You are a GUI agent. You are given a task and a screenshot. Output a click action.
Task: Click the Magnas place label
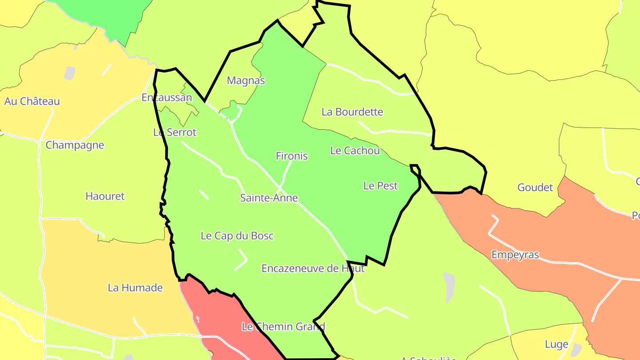[246, 80]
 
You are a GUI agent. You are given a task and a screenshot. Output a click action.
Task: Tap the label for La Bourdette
[352, 112]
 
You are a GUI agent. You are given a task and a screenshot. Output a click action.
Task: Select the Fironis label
[292, 156]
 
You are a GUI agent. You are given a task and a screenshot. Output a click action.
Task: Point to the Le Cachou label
[355, 151]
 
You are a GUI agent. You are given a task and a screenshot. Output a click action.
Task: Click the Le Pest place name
[380, 186]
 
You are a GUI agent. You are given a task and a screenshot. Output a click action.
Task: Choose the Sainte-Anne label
[269, 198]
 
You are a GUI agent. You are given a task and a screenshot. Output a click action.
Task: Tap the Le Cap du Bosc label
[237, 236]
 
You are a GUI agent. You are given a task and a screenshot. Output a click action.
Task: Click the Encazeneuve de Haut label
[313, 268]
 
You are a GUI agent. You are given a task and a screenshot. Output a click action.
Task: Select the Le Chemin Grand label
[283, 327]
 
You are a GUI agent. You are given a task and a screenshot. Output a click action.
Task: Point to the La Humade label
[135, 288]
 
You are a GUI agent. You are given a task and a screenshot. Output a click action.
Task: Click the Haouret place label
[105, 196]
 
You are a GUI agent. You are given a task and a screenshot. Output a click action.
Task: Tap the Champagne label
[75, 145]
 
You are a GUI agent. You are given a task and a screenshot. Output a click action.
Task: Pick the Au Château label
[32, 101]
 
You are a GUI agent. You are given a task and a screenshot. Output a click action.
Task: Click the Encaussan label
[167, 97]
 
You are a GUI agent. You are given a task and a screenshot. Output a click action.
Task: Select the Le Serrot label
[175, 132]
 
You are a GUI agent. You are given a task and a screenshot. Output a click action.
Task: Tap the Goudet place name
[535, 187]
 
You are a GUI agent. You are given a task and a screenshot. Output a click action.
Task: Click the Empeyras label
[515, 255]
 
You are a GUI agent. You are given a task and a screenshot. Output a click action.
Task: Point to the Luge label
[556, 344]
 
